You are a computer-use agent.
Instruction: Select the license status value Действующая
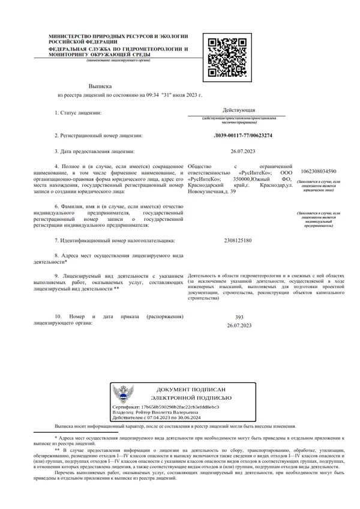(x=239, y=111)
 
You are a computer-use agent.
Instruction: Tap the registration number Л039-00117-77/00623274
(x=239, y=136)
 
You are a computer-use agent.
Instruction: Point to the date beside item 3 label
(x=239, y=151)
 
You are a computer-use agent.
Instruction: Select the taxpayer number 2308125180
(x=239, y=241)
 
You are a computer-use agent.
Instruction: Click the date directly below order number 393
(x=239, y=325)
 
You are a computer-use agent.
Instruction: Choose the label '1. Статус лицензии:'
(x=78, y=112)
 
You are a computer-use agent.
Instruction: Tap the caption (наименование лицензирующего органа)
(x=118, y=61)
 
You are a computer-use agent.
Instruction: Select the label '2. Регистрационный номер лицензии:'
(x=98, y=136)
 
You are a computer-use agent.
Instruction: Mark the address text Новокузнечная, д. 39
(x=212, y=191)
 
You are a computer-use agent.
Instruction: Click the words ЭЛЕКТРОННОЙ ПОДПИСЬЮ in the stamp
(x=191, y=398)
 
